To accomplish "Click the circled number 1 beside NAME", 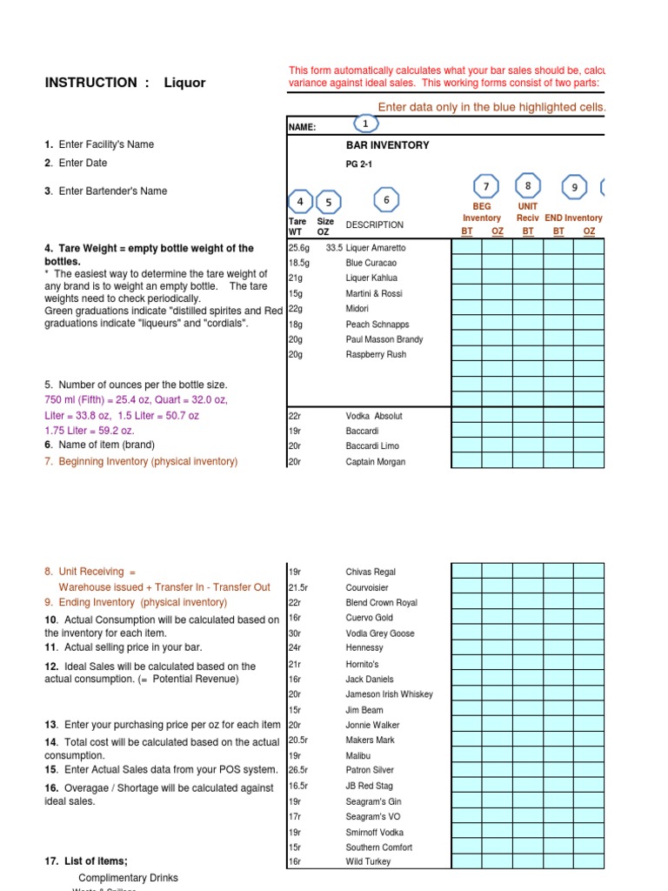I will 365,124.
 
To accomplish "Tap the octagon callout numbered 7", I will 486,186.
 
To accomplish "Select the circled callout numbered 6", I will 386,200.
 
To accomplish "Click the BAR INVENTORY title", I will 387,146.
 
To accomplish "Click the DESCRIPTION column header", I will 374,225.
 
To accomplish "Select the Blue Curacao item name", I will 371,263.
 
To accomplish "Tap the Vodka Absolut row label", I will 374,416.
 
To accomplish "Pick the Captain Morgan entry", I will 375,462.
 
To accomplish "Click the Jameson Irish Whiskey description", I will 389,694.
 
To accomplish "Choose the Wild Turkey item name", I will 368,861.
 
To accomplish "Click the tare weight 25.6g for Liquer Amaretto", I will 298,248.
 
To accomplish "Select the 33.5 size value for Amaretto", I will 334,248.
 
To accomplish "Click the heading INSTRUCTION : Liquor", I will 124,83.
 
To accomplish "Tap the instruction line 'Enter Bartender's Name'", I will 112,191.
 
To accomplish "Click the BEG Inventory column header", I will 482,212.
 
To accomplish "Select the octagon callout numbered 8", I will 528,185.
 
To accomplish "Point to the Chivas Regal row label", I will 371,572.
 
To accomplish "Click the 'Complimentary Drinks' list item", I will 128,878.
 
